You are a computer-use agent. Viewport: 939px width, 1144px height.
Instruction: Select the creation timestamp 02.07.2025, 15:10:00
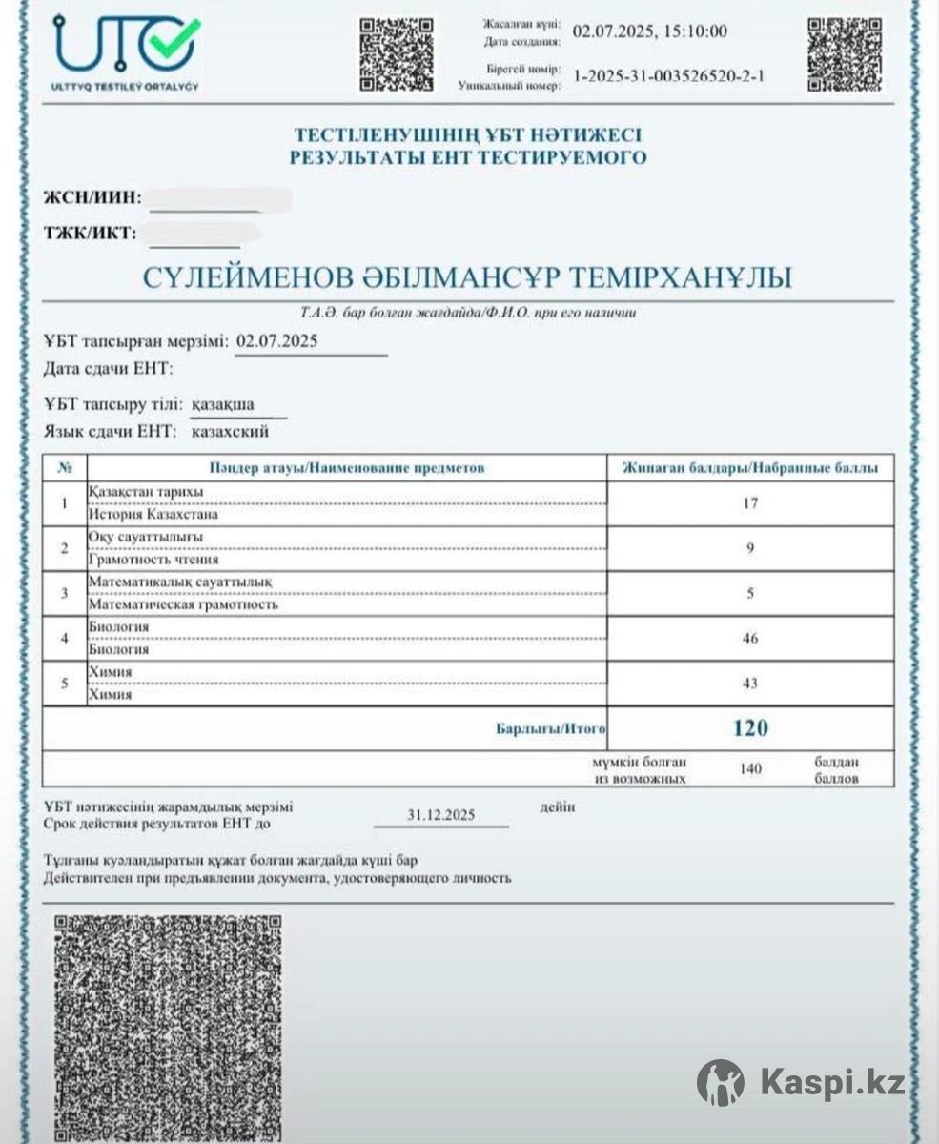649,32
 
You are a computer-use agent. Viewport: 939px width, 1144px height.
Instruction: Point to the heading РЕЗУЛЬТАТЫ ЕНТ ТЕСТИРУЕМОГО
468,157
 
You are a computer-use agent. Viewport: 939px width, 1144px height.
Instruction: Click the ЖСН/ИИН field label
92,198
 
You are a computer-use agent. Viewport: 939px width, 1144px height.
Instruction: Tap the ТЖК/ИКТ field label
91,232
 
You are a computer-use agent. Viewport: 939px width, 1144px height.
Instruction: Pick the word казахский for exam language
231,432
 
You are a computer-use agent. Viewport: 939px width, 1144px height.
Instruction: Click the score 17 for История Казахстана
750,503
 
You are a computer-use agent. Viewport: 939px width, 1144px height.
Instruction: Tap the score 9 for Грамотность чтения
750,548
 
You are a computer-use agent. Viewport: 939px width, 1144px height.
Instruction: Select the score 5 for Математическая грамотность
750,593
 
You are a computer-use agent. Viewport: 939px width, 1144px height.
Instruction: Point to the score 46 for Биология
750,638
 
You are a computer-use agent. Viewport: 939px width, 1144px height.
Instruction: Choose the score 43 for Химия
750,684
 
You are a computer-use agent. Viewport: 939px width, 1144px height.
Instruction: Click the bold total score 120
750,729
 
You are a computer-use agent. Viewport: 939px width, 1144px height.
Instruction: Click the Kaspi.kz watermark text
833,1082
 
